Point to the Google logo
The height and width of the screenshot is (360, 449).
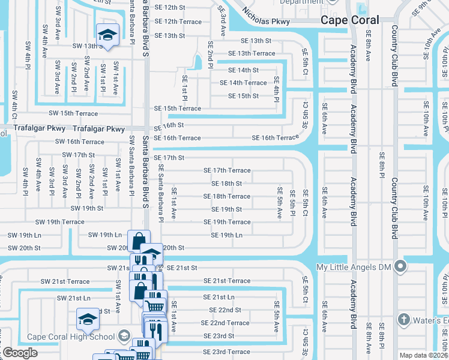[20, 353]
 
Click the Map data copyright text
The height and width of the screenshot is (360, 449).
[424, 355]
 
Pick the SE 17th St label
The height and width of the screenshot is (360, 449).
[169, 158]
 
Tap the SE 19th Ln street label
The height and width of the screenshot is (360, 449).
[226, 235]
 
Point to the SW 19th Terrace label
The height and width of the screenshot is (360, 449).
[59, 222]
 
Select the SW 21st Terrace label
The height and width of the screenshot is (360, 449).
[65, 281]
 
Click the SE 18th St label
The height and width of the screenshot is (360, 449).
[226, 184]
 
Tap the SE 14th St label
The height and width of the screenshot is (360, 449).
[243, 70]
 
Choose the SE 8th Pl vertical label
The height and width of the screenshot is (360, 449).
[382, 165]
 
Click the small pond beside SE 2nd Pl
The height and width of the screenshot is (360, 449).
[197, 62]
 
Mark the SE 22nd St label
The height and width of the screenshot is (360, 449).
[224, 310]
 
